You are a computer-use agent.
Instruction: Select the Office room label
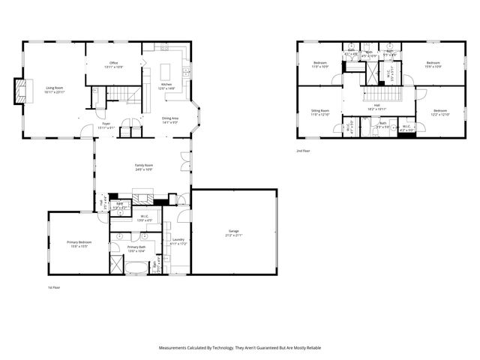pyautogui.click(x=114, y=63)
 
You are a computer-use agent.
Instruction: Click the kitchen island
pyautogui.click(x=148, y=76)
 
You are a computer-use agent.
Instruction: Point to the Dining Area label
pyautogui.click(x=170, y=118)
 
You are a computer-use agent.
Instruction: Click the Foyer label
pyautogui.click(x=106, y=124)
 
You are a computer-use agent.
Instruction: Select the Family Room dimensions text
pyautogui.click(x=143, y=169)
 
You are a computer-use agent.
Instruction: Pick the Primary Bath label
pyautogui.click(x=136, y=247)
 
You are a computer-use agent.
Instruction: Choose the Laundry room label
pyautogui.click(x=177, y=240)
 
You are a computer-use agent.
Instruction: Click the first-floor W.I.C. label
pyautogui.click(x=143, y=217)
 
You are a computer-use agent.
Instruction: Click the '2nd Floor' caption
pyautogui.click(x=303, y=150)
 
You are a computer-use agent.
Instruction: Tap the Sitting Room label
pyautogui.click(x=320, y=110)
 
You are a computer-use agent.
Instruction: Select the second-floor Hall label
pyautogui.click(x=377, y=105)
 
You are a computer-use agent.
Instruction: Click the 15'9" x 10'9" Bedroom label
pyautogui.click(x=433, y=62)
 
